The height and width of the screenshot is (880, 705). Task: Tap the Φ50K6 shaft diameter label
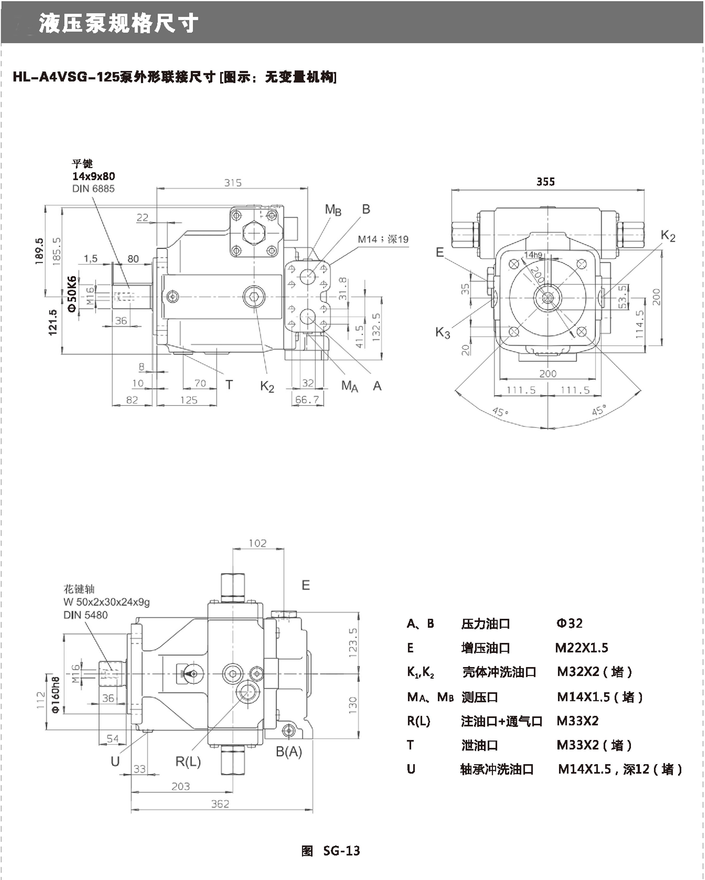click(x=72, y=294)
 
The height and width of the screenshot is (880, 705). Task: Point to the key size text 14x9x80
click(x=93, y=176)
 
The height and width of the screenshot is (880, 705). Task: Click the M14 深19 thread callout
click(x=383, y=239)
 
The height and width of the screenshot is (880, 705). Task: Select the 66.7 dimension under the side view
click(x=307, y=400)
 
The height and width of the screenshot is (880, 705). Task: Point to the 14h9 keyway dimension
click(x=533, y=255)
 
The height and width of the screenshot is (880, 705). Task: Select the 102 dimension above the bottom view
click(x=258, y=543)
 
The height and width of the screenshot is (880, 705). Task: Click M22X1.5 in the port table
click(x=581, y=648)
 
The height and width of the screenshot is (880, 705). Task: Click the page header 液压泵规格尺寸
click(x=118, y=23)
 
